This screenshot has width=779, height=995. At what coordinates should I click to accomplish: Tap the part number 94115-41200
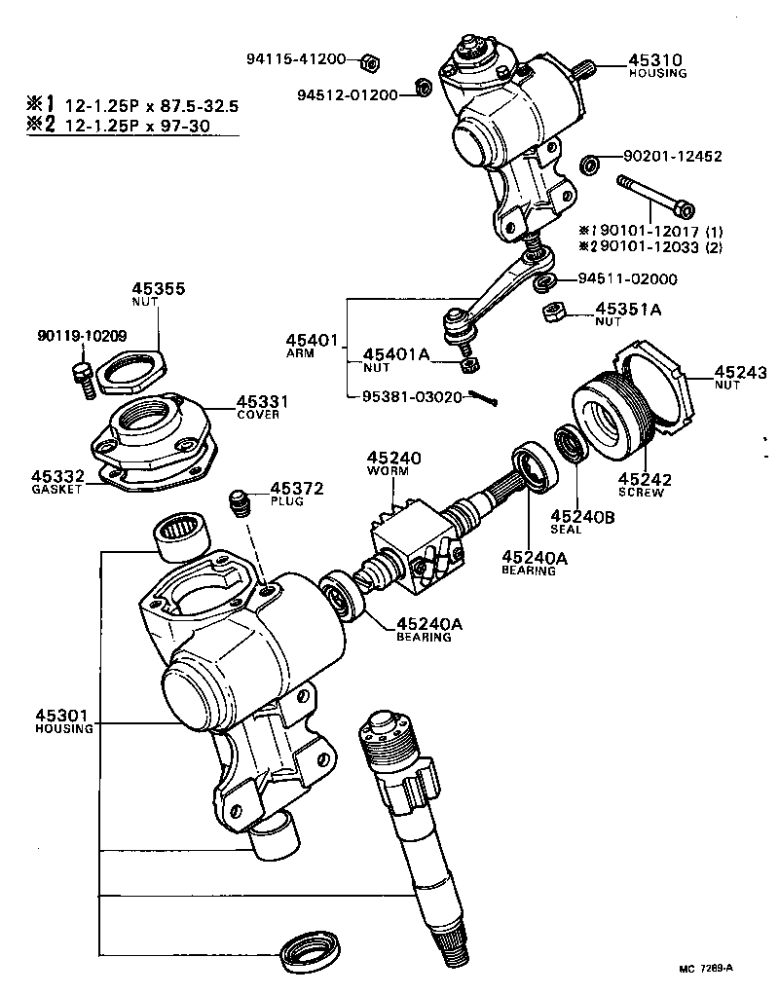pyautogui.click(x=295, y=59)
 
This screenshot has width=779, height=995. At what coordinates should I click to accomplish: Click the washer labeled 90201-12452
pyautogui.click(x=589, y=164)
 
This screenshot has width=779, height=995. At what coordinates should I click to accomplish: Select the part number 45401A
pyautogui.click(x=396, y=354)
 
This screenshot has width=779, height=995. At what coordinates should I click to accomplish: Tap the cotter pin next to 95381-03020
pyautogui.click(x=483, y=397)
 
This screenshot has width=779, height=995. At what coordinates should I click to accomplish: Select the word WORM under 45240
pyautogui.click(x=392, y=471)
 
